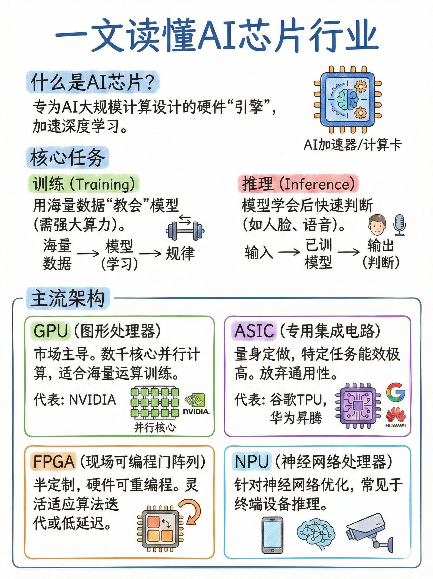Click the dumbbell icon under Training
pos(185,230)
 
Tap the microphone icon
pos(400,225)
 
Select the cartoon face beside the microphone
pos(377,225)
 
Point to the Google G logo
pos(396,392)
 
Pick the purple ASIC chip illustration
pos(358,406)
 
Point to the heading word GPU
pos(51,331)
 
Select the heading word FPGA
pos(54,461)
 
